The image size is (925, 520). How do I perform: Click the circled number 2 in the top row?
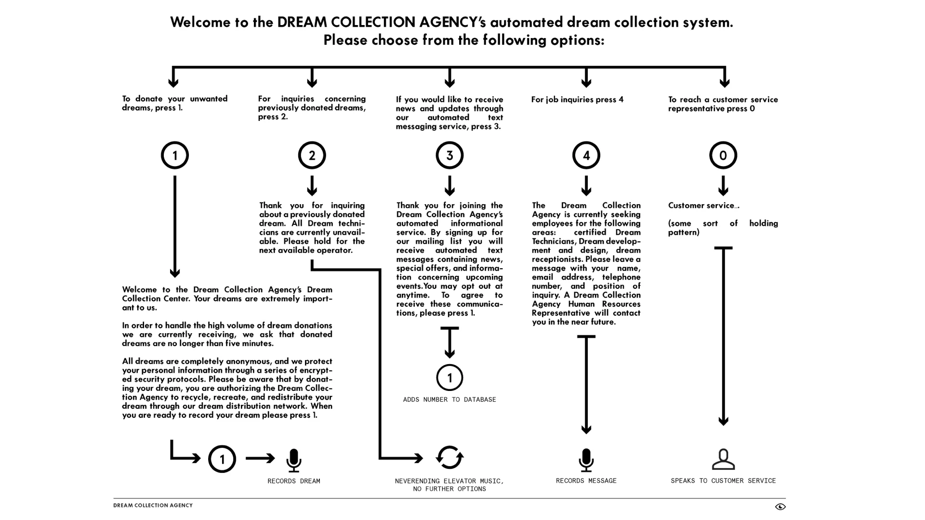click(x=312, y=156)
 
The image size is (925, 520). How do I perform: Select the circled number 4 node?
click(x=586, y=156)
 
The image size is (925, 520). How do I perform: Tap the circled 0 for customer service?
click(x=723, y=156)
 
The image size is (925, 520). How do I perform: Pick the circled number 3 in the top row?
click(x=449, y=156)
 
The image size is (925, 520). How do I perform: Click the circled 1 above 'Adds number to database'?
click(x=449, y=377)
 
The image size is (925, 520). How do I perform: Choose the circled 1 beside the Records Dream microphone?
click(x=222, y=459)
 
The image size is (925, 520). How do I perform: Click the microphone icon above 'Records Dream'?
click(x=293, y=460)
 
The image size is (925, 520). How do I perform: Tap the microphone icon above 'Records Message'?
click(x=586, y=460)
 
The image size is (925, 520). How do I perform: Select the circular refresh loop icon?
click(x=449, y=457)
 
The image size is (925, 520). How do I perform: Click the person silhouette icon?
click(x=723, y=459)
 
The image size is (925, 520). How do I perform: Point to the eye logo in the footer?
click(x=780, y=507)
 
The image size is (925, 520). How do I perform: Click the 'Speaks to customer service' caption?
click(x=723, y=481)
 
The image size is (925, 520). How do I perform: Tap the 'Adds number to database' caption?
click(x=449, y=400)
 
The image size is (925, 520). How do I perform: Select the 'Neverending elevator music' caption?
click(x=449, y=481)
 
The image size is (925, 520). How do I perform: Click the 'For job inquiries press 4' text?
click(x=577, y=100)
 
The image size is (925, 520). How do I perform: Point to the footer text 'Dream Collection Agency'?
click(x=153, y=506)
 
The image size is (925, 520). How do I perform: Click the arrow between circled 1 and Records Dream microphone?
click(x=260, y=458)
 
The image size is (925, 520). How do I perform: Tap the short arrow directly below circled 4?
click(x=586, y=186)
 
